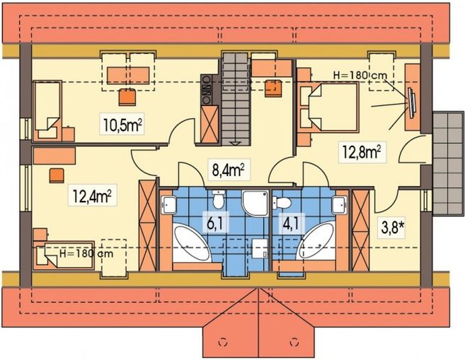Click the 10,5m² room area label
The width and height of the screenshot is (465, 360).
pos(123,126)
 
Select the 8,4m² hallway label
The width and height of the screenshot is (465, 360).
pos(228,170)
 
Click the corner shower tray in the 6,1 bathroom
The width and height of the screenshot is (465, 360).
pos(253,202)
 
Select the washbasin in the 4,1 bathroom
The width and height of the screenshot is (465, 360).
pos(340,206)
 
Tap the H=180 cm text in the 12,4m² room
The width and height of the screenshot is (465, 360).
pos(89,252)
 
